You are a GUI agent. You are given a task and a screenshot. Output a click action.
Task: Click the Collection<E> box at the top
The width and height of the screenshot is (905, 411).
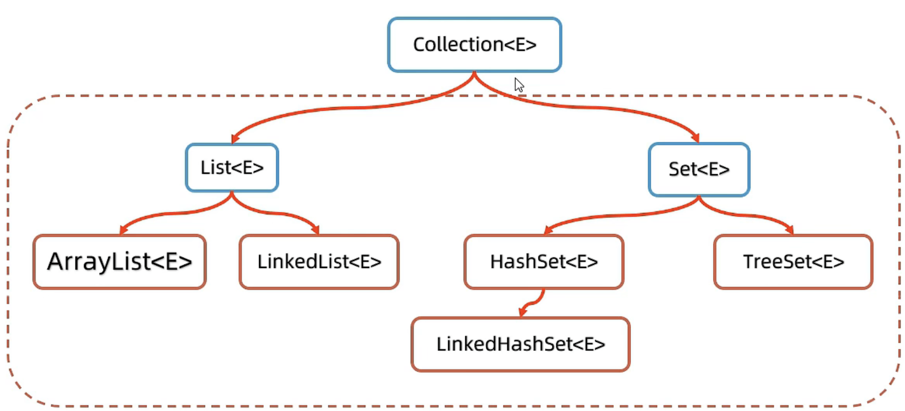(474, 45)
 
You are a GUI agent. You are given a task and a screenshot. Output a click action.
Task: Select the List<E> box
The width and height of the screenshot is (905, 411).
(232, 168)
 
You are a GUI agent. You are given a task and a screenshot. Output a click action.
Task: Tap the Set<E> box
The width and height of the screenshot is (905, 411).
(698, 169)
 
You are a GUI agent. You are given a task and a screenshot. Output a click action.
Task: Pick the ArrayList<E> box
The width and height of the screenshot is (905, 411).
(119, 262)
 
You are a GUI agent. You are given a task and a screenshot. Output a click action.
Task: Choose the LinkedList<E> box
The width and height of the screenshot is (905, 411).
(319, 262)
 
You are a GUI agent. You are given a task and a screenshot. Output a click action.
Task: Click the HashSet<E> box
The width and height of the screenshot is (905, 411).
(544, 262)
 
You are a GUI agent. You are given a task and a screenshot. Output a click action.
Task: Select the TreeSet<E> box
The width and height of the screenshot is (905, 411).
(793, 262)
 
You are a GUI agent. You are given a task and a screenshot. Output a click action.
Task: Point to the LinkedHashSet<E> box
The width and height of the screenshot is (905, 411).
(520, 344)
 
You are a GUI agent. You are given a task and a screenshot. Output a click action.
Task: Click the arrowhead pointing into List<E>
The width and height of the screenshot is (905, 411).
(234, 139)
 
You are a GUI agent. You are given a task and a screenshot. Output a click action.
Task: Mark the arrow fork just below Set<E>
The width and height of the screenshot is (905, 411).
(698, 199)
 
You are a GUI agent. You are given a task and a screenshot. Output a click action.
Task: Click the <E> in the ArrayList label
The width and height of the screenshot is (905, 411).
(172, 262)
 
